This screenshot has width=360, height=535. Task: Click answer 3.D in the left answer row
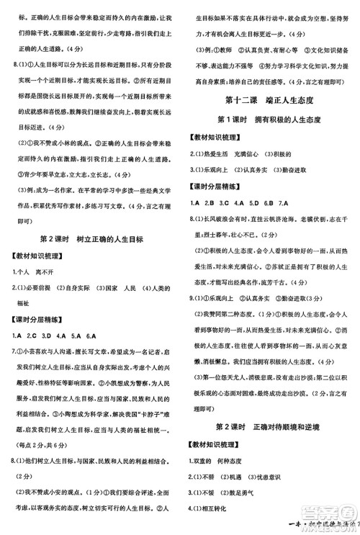[x=48, y=336]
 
